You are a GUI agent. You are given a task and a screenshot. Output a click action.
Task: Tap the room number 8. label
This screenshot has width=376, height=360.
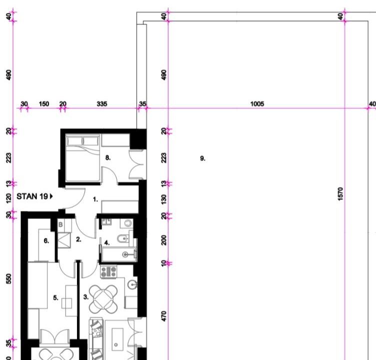click(x=108, y=158)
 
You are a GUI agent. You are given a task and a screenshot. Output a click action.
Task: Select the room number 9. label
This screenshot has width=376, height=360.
click(x=202, y=158)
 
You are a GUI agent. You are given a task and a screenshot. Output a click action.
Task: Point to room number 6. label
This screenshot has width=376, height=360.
click(x=46, y=241)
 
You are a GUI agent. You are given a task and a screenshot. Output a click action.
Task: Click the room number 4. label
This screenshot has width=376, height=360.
click(x=107, y=242)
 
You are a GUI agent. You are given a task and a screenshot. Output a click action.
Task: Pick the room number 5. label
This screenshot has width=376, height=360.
click(x=55, y=298)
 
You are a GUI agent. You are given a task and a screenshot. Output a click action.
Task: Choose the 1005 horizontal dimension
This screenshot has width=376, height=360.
click(x=257, y=104)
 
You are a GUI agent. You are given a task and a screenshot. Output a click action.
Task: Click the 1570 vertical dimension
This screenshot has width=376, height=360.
click(x=340, y=194)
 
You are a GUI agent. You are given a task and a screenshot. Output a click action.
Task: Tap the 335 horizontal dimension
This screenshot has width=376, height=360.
click(x=102, y=104)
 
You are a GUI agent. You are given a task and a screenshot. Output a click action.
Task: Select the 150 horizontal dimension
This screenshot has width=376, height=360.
click(x=44, y=104)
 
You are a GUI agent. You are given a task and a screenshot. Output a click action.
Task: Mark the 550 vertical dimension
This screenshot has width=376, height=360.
click(x=8, y=278)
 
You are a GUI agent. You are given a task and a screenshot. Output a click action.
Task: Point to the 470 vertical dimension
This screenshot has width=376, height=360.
click(x=164, y=316)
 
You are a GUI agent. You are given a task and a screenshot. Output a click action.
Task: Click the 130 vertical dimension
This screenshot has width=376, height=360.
click(x=164, y=199)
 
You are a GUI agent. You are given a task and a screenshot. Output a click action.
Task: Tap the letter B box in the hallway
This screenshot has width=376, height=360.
click(x=60, y=224)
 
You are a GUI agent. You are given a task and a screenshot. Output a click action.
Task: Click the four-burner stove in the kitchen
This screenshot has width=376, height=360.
click(x=108, y=271)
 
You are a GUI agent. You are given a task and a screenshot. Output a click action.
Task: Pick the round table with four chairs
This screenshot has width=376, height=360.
click(x=103, y=299)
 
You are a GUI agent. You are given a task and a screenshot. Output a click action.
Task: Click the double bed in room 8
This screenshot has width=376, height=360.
click(x=82, y=158)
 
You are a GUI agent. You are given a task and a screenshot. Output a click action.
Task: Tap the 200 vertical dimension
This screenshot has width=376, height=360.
click(x=164, y=240)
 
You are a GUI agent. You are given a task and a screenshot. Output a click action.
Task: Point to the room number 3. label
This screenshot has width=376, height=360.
click(x=86, y=297)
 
